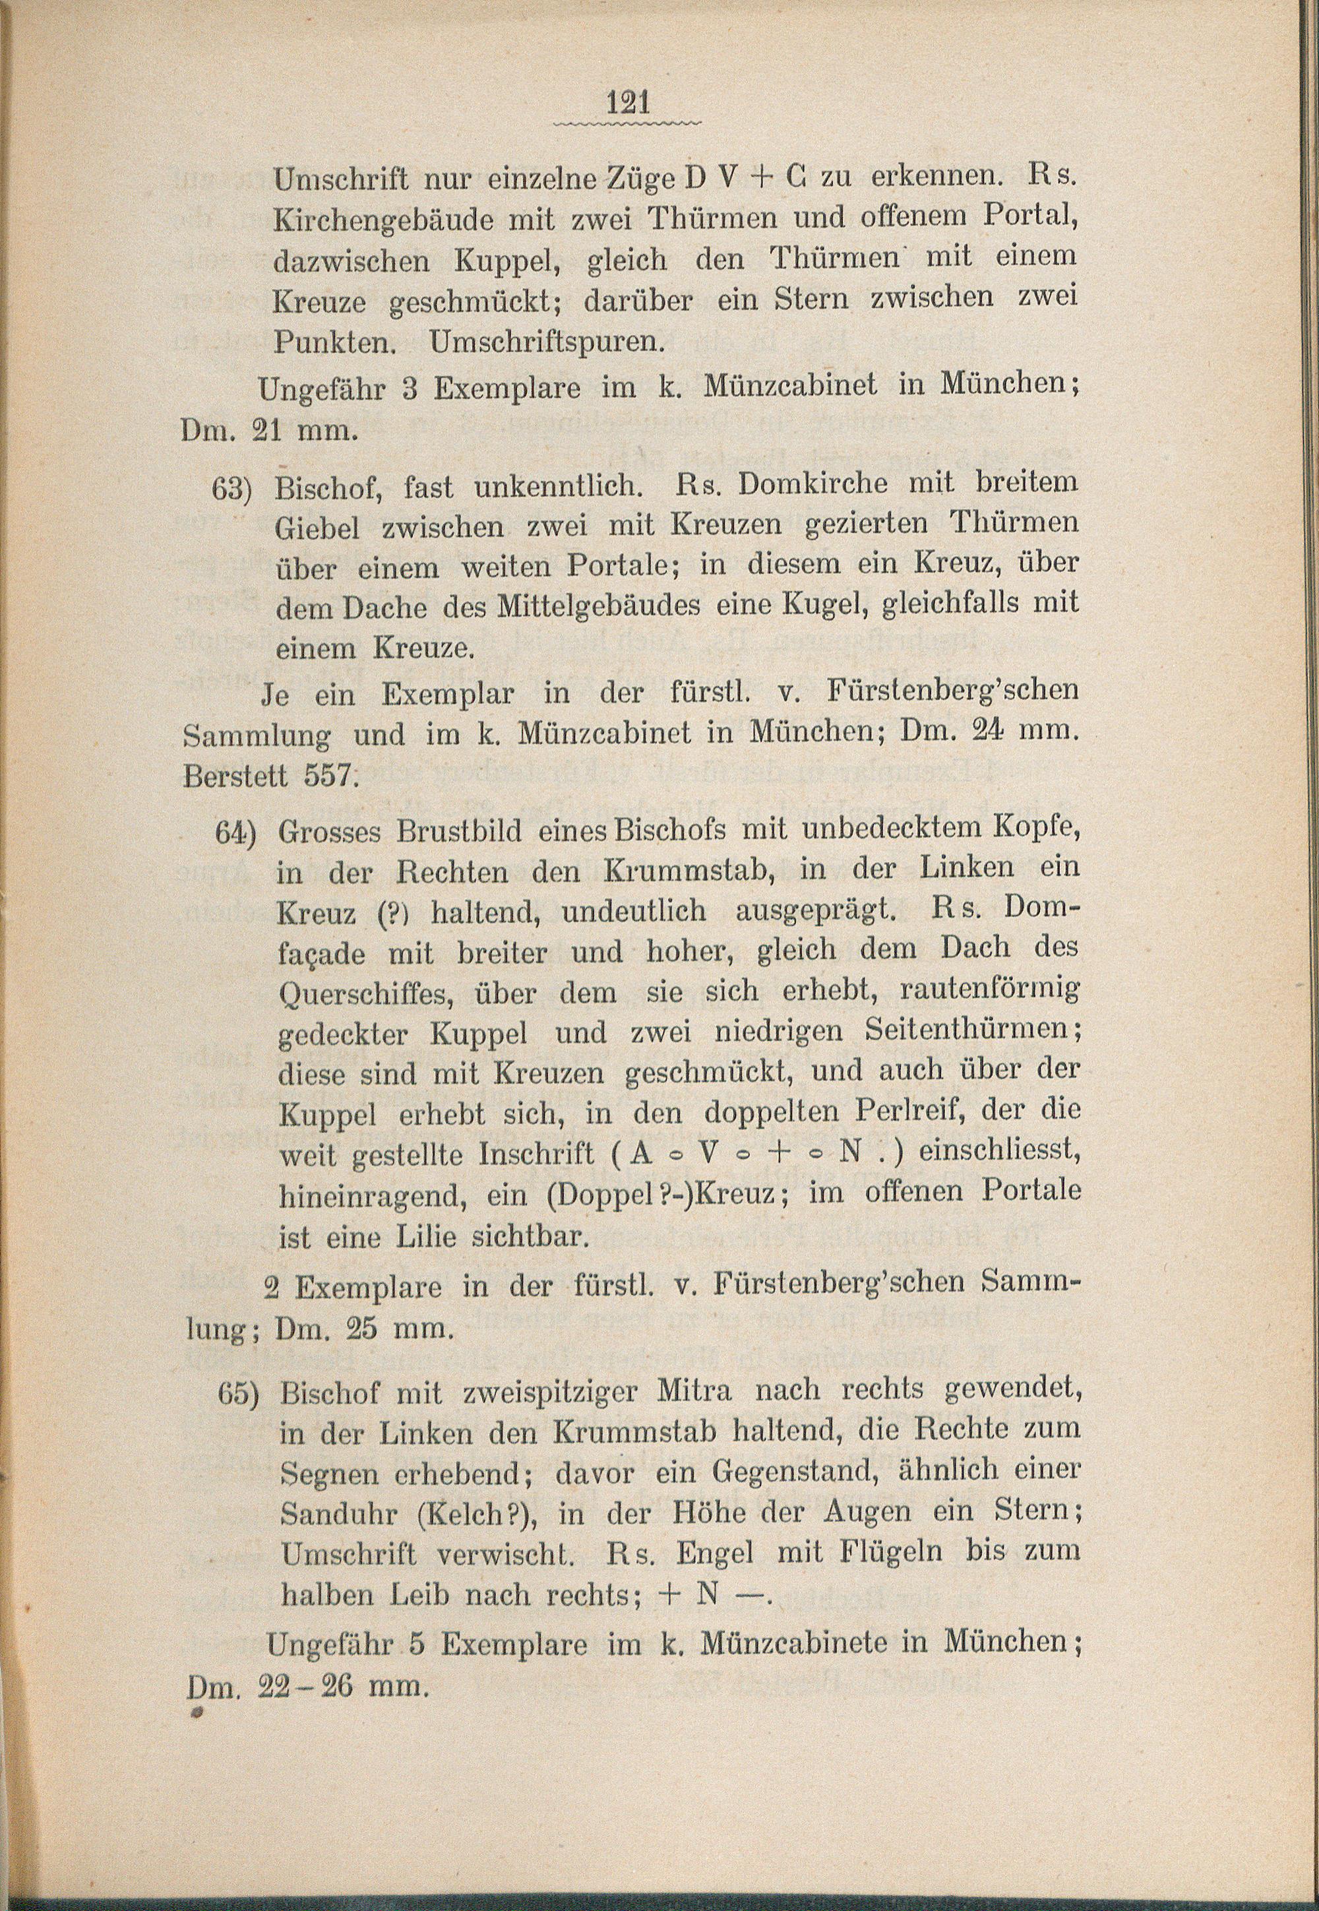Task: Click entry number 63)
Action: pos(231,489)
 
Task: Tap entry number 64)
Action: pos(235,832)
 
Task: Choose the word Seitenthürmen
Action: pos(972,1031)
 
